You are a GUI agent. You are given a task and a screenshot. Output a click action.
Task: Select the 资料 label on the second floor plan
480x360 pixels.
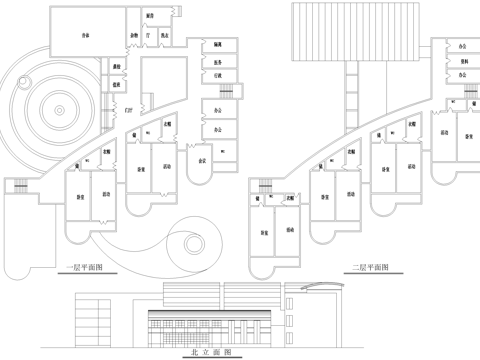coord(462,60)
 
